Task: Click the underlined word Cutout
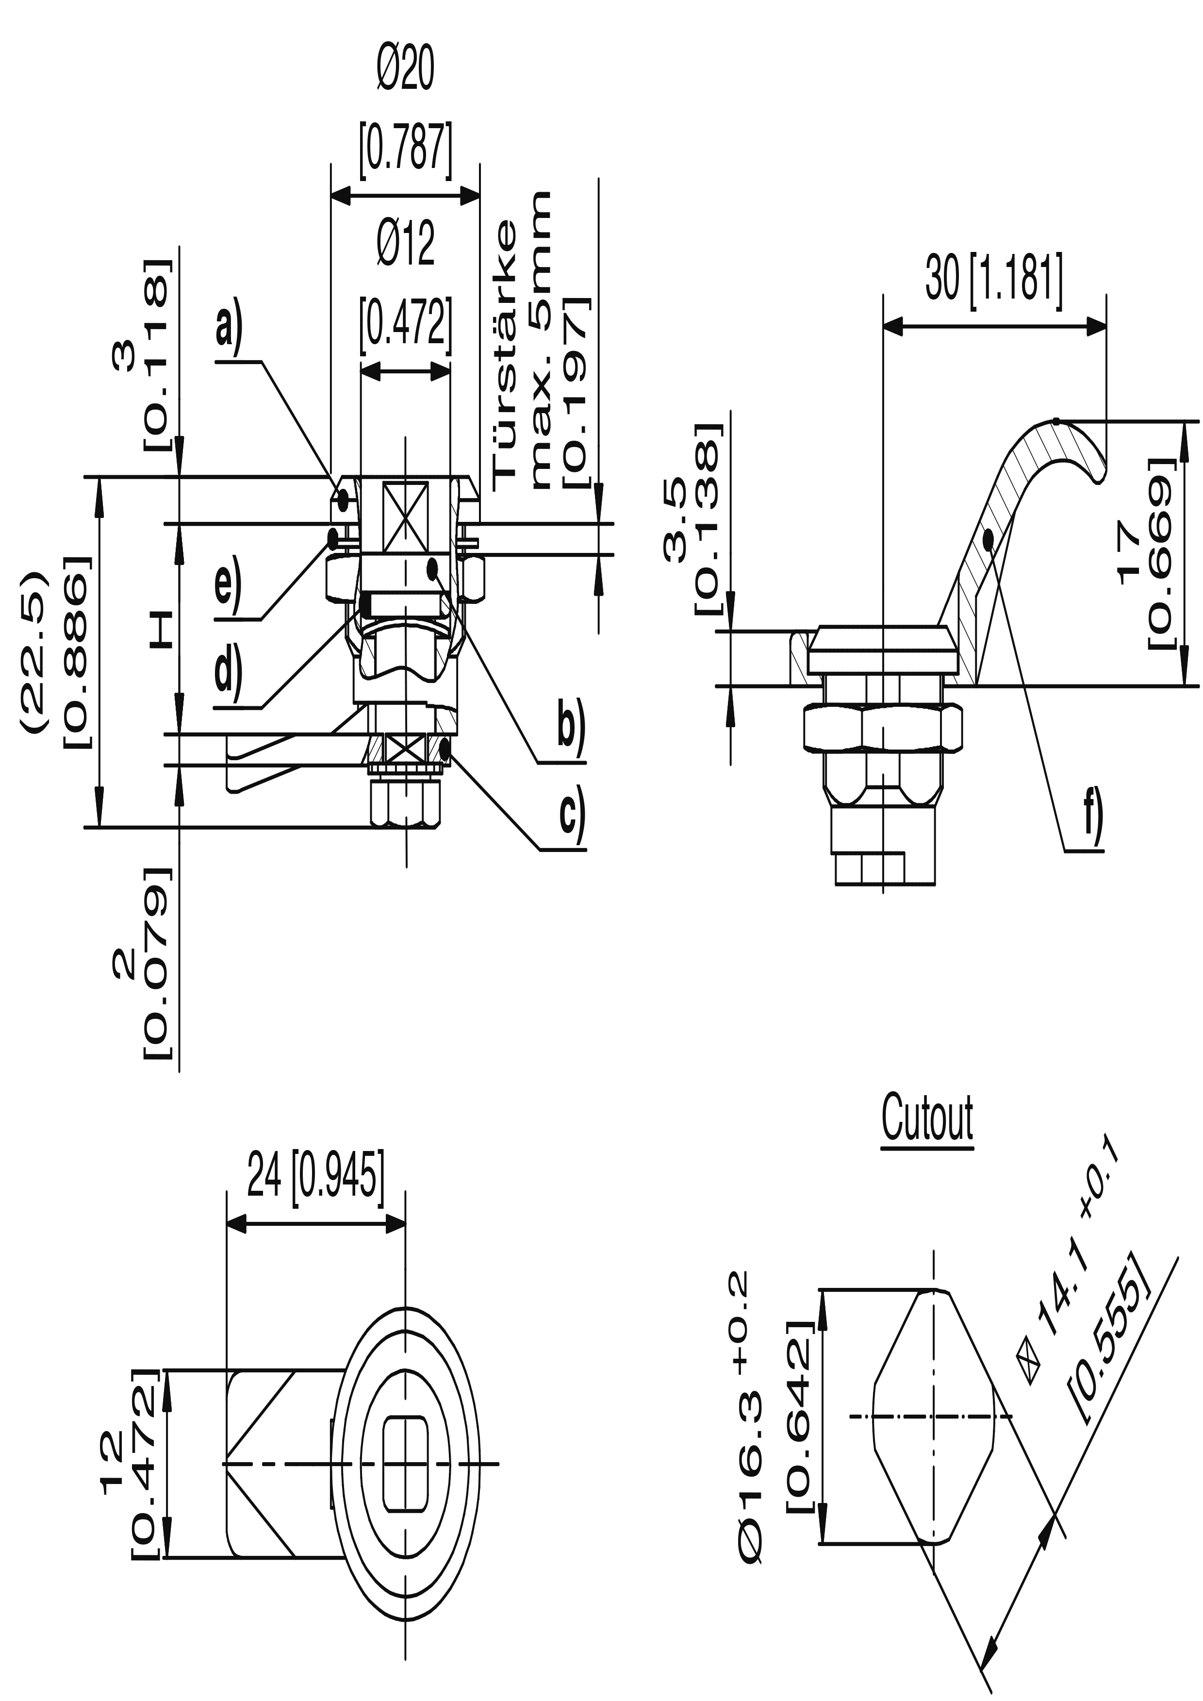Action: [x=927, y=1118]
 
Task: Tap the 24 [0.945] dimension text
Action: [x=316, y=1174]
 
